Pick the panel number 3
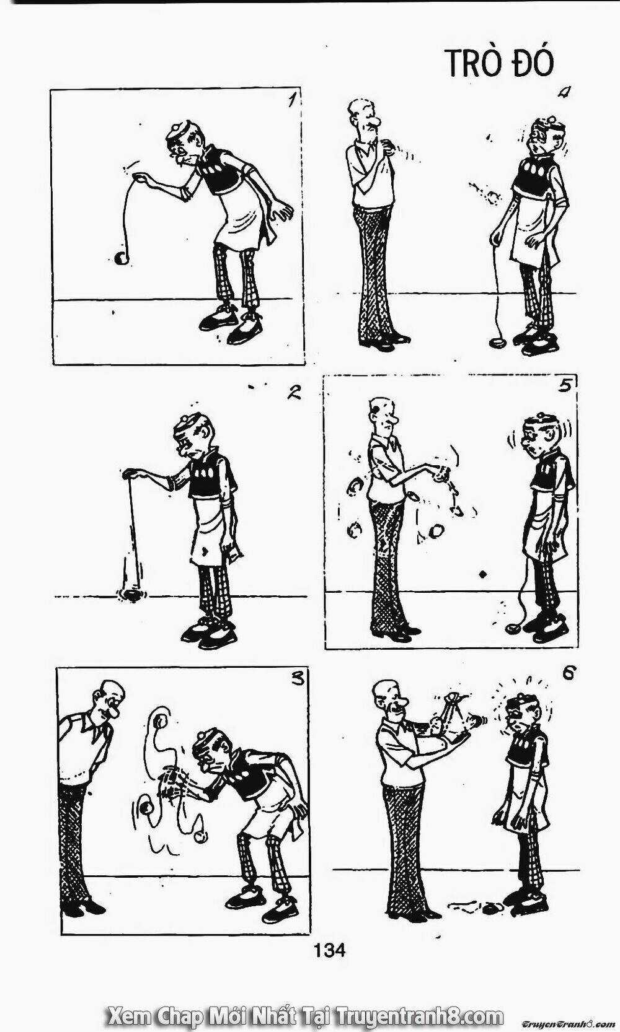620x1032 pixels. (298, 679)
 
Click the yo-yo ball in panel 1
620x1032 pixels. (120, 259)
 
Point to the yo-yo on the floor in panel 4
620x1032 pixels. (498, 343)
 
